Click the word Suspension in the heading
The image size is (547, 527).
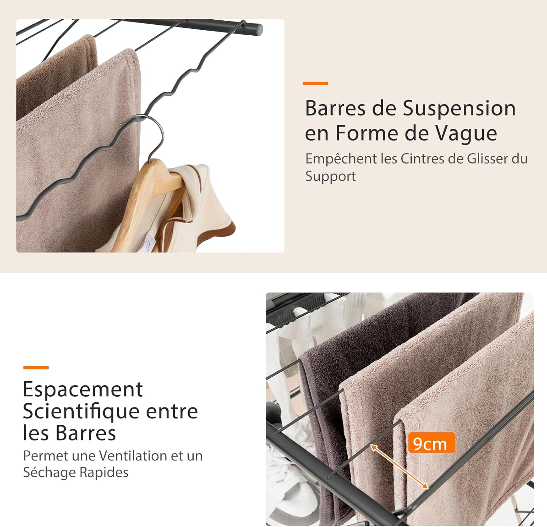click(459, 109)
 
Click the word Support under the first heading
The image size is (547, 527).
click(330, 177)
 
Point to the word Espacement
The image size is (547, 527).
click(83, 390)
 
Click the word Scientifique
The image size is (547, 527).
click(81, 412)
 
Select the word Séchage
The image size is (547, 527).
click(50, 473)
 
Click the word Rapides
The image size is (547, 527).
click(104, 473)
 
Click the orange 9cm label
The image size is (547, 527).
click(431, 443)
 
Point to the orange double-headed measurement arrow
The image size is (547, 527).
click(399, 467)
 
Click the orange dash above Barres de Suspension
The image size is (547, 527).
click(315, 83)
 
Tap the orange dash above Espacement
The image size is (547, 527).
click(36, 367)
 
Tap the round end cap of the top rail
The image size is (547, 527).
click(258, 30)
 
